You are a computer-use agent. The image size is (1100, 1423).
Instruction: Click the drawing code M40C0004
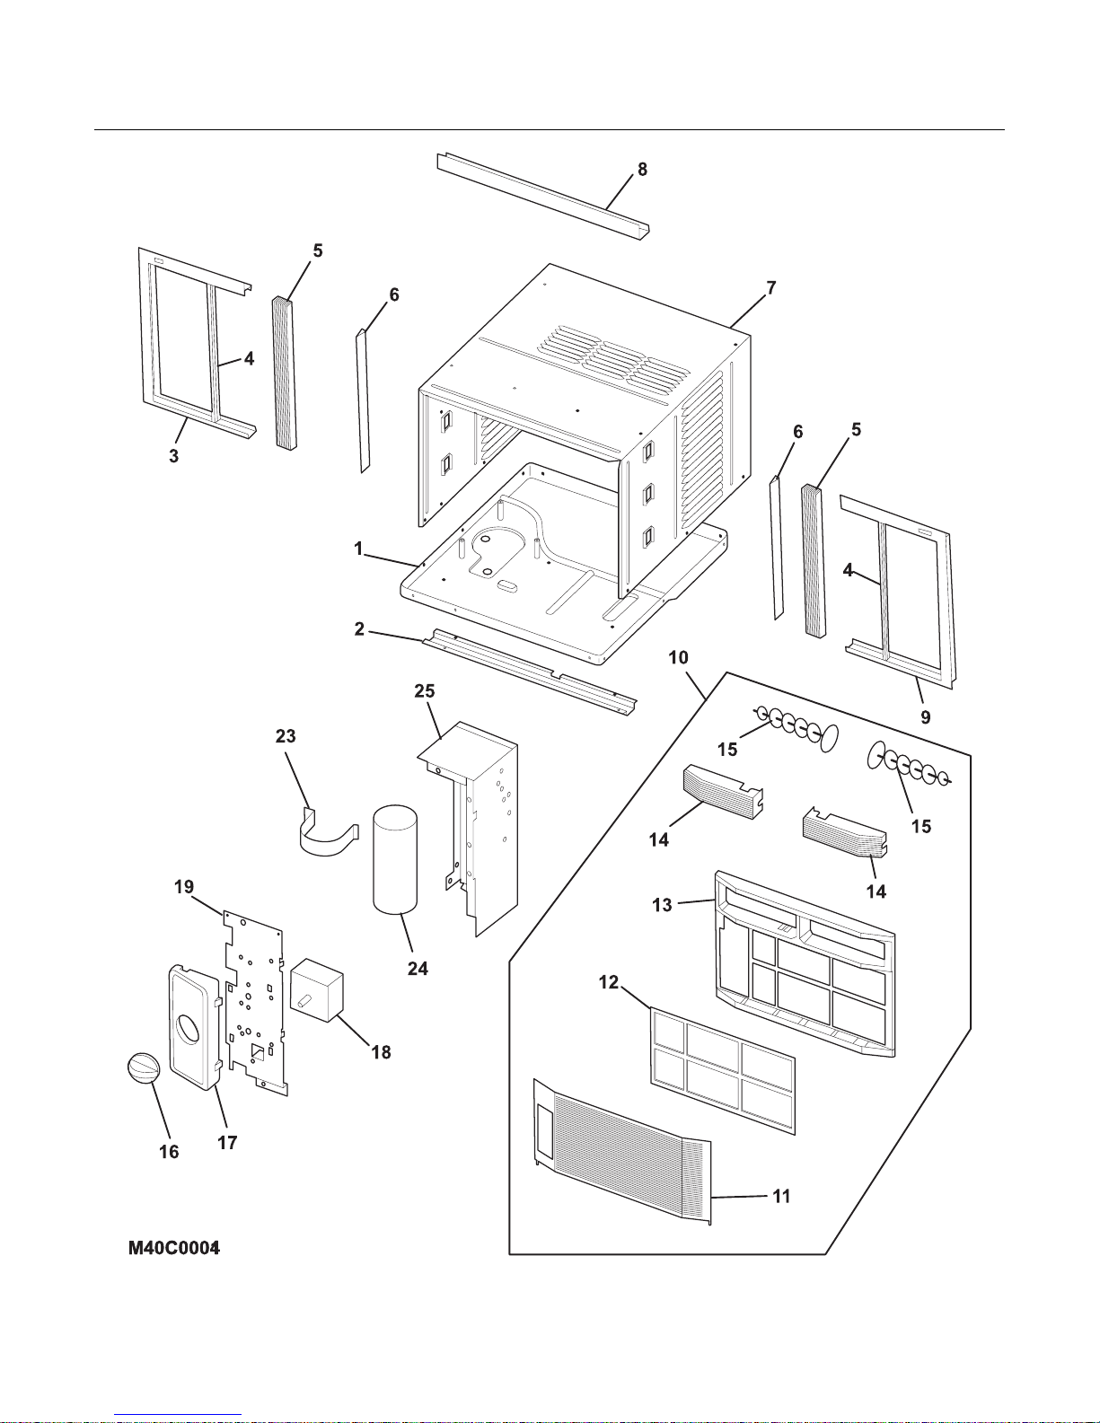click(174, 1248)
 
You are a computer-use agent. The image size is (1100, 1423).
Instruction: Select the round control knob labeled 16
click(144, 1071)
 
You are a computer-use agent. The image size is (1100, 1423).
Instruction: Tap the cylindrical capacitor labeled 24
click(395, 859)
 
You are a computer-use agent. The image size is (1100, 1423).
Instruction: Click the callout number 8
click(642, 169)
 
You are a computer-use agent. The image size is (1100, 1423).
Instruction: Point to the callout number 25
click(425, 690)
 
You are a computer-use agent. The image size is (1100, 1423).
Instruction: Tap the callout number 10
click(678, 657)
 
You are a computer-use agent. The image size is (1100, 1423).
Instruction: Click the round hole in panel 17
click(189, 1028)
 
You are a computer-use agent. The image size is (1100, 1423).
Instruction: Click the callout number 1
click(358, 548)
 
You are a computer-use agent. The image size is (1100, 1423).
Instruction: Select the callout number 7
click(770, 287)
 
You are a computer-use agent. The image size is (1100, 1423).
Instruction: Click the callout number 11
click(781, 1196)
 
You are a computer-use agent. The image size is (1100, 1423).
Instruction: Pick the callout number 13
click(662, 904)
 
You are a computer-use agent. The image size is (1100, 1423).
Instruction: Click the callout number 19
click(183, 887)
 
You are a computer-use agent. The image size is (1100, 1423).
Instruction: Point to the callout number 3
click(174, 456)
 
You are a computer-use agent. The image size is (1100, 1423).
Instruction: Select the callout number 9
click(925, 716)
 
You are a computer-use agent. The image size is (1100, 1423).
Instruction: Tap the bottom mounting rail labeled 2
click(530, 669)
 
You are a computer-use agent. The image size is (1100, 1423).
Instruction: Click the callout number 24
click(418, 968)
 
